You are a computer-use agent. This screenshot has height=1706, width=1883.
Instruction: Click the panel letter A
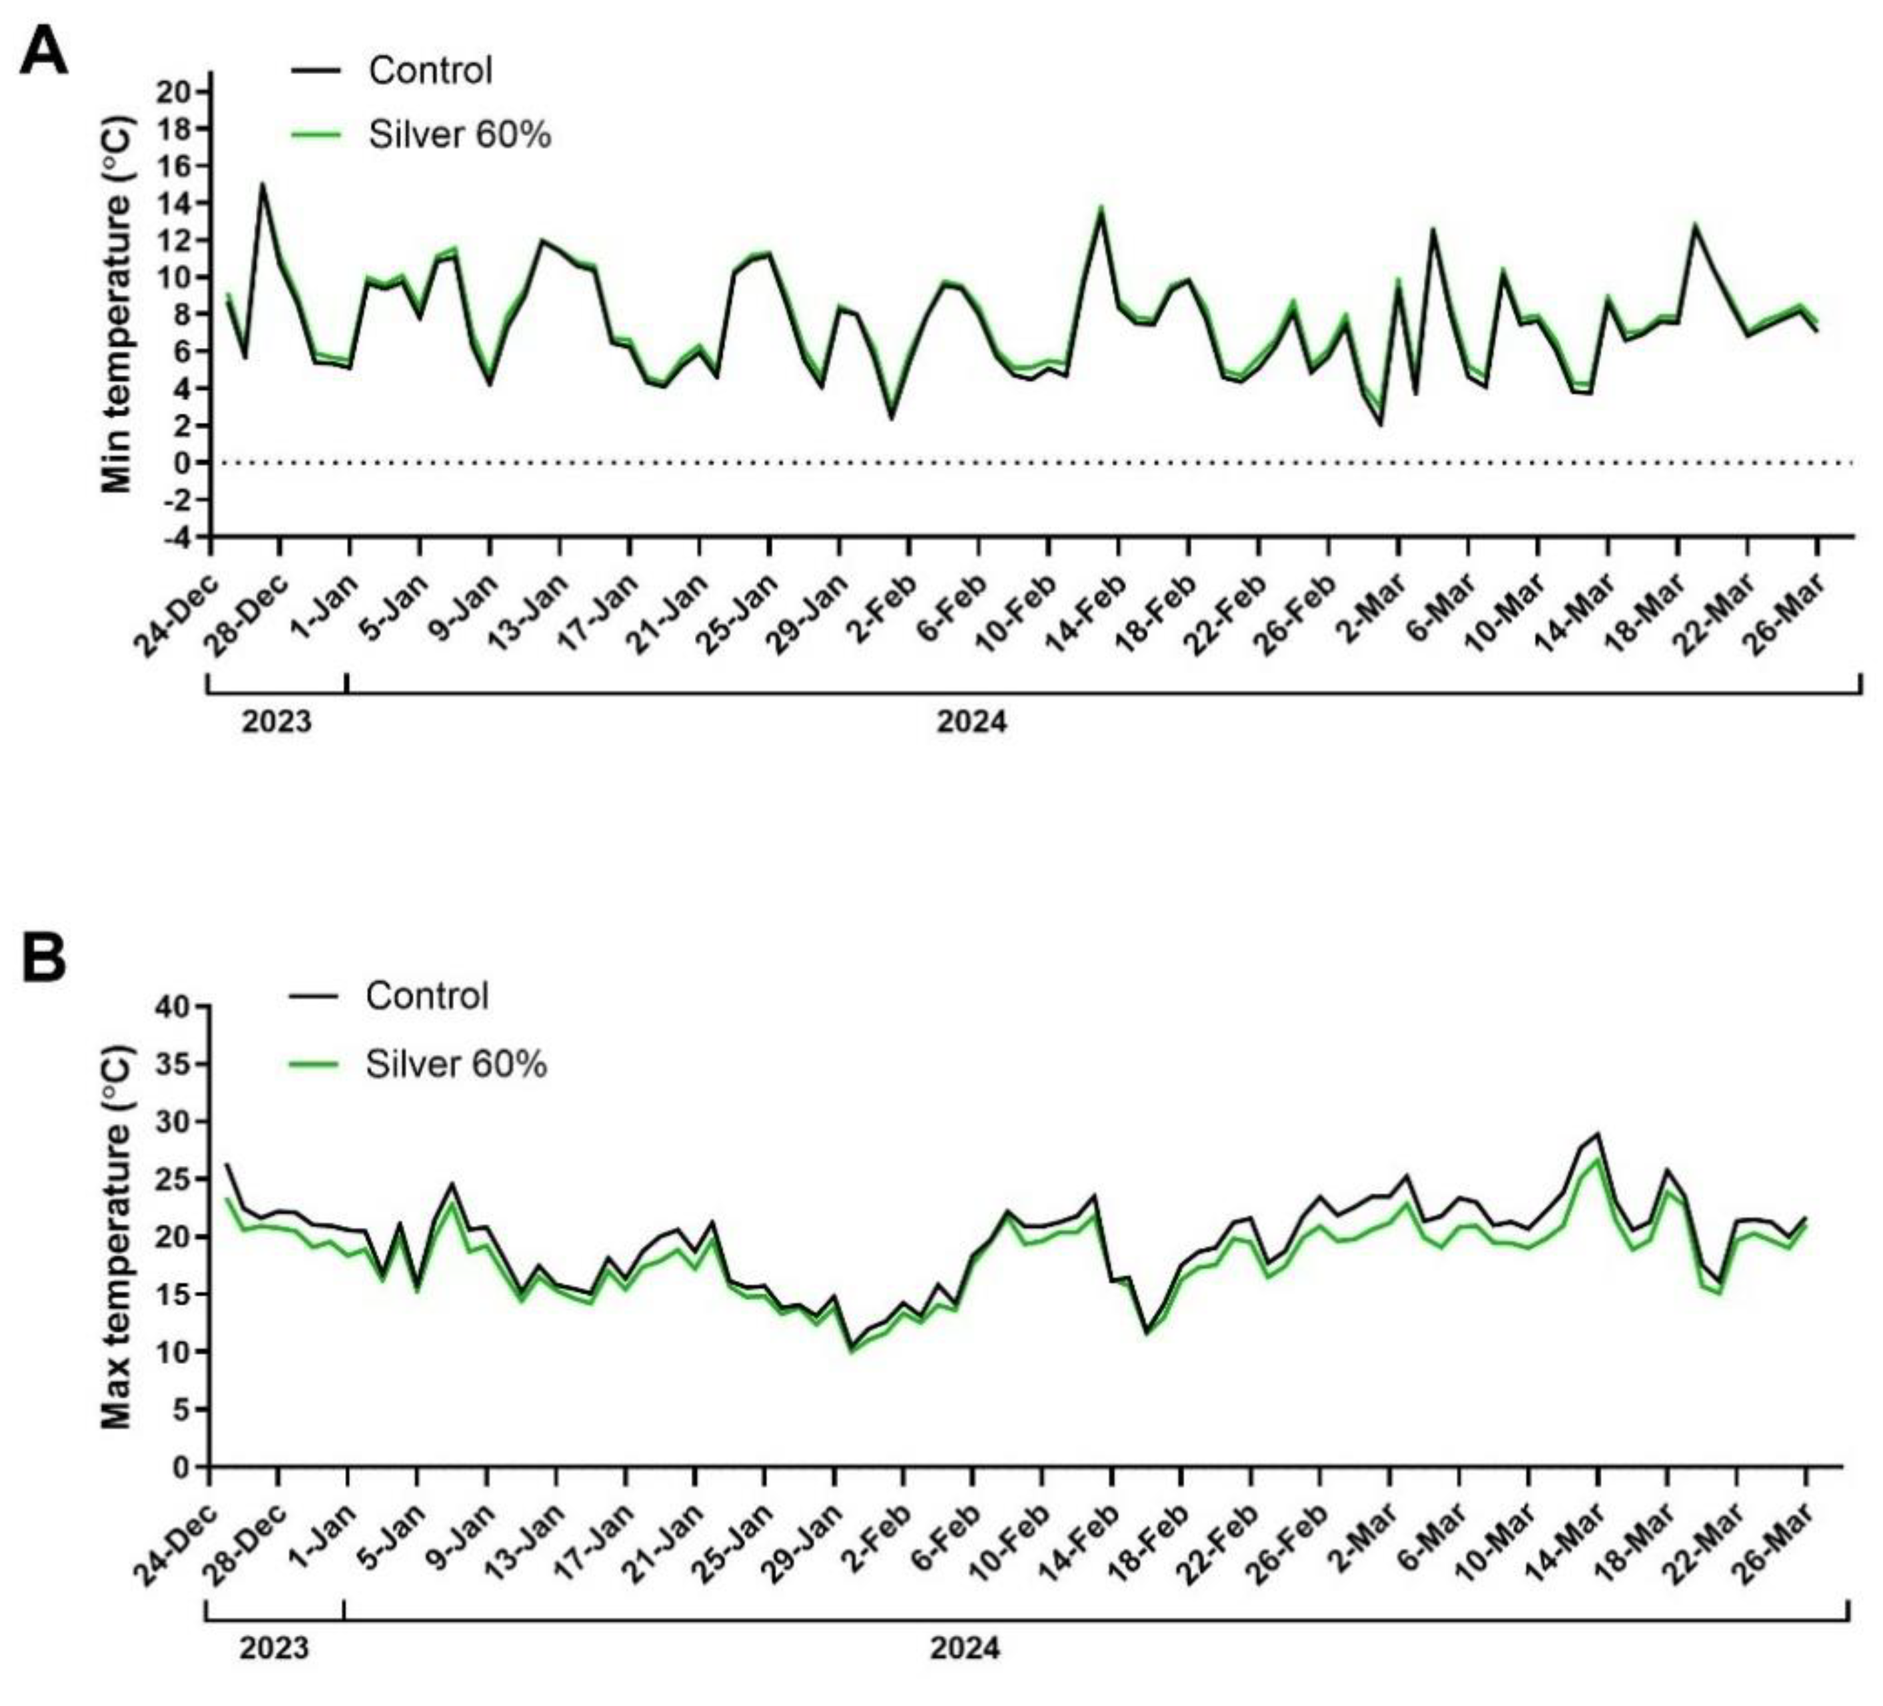pos(44,51)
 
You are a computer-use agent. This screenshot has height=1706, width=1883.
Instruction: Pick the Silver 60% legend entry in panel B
pos(418,1064)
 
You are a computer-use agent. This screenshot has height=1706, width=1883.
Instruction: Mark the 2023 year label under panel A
pos(277,722)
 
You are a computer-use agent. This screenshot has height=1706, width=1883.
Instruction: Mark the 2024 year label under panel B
pos(964,1647)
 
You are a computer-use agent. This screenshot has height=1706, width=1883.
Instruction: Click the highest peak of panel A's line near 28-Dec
pos(263,183)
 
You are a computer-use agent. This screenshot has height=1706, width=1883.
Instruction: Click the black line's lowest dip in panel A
pos(1381,425)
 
